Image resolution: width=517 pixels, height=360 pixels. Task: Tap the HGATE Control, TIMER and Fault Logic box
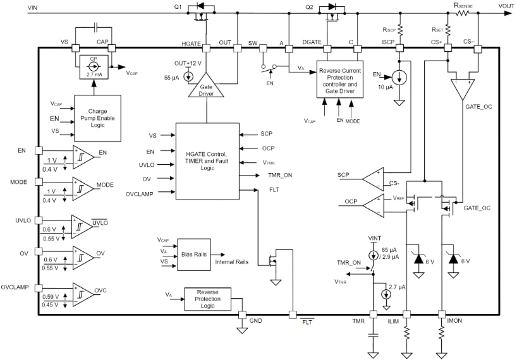point(207,161)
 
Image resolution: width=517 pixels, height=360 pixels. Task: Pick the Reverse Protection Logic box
point(207,298)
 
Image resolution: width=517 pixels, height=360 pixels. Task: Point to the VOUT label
point(506,6)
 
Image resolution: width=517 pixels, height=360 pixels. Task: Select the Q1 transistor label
point(178,7)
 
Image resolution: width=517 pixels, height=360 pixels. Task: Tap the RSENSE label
point(463,6)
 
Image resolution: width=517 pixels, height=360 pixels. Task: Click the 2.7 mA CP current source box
point(94,67)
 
